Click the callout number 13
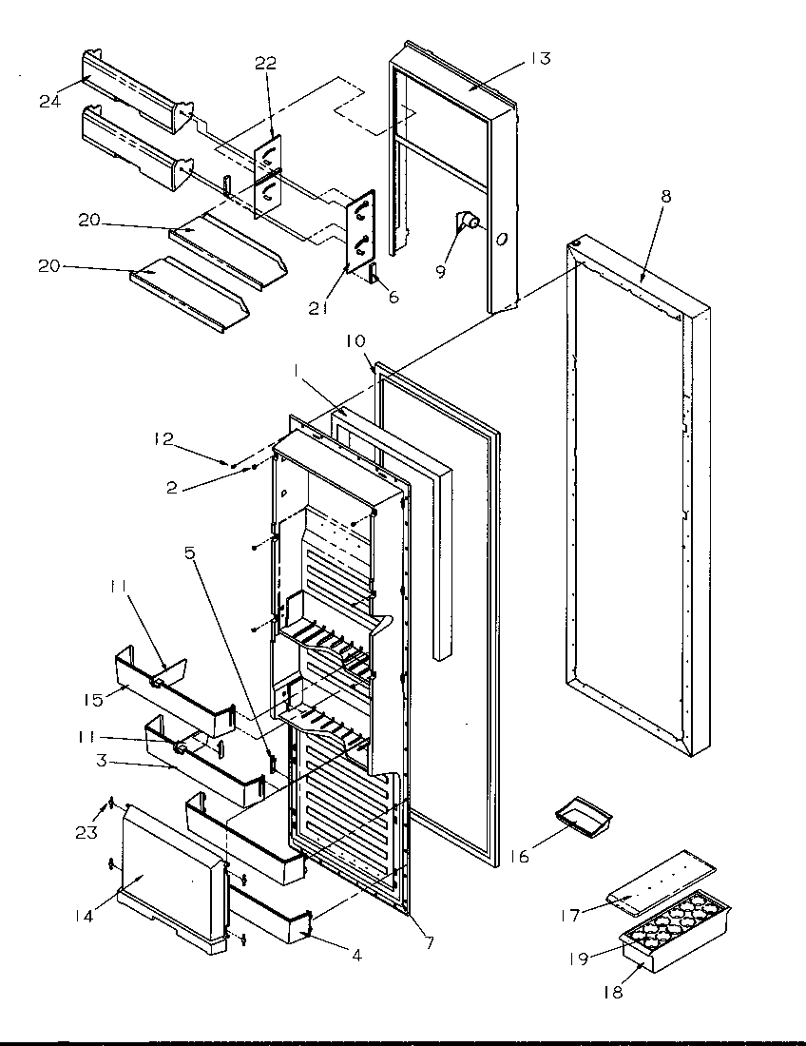click(539, 59)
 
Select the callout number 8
click(665, 197)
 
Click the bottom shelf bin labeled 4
click(271, 918)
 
